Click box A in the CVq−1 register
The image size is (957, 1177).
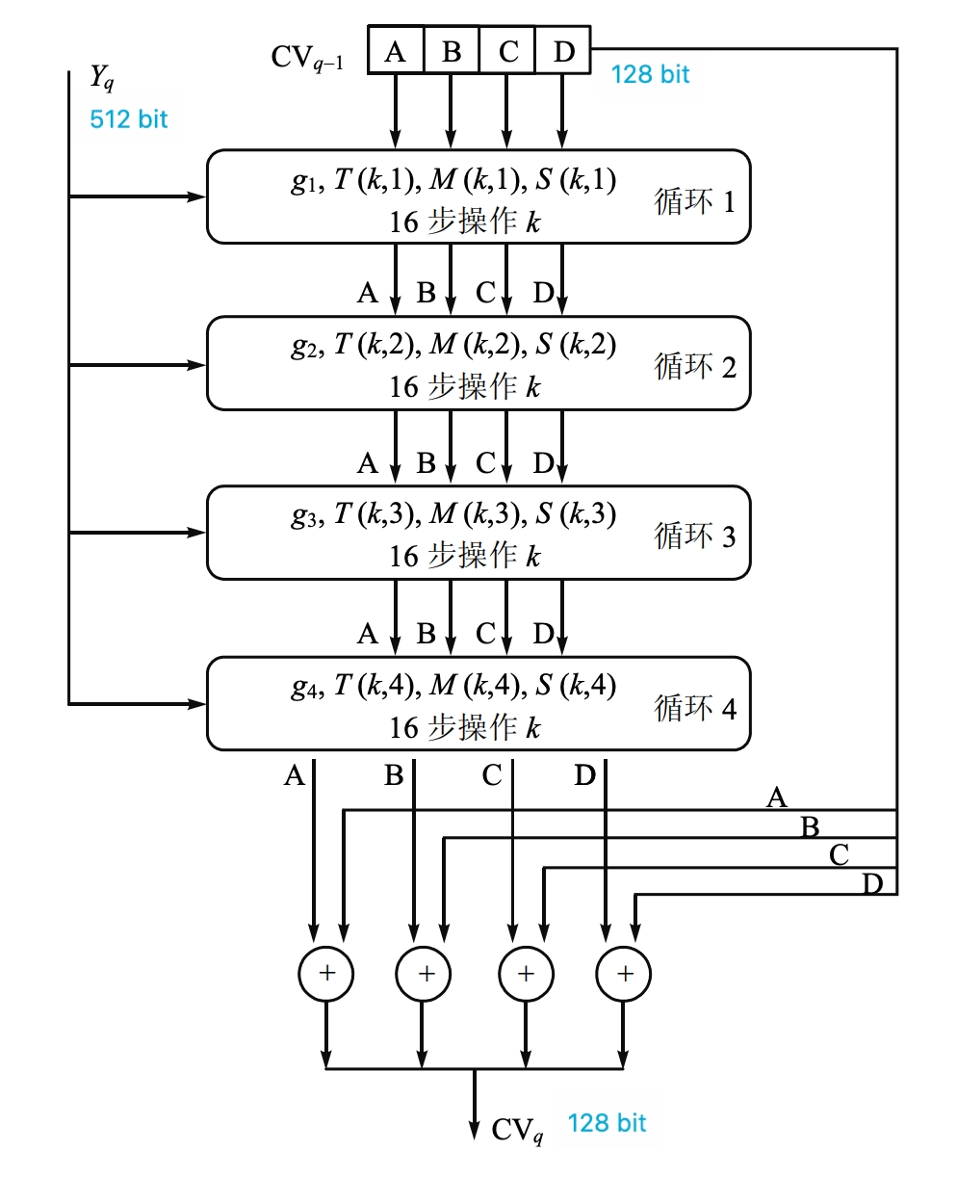tap(396, 52)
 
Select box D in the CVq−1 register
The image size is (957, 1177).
tap(563, 52)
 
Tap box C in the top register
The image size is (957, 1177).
tap(507, 52)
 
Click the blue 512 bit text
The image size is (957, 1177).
tap(128, 119)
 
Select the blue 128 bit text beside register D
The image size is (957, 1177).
tap(650, 74)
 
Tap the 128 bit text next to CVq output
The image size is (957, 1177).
tap(607, 1123)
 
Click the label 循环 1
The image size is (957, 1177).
tap(695, 202)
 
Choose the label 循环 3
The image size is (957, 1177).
tap(695, 536)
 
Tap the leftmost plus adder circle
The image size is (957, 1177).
tap(327, 974)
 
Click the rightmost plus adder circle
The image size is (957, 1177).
tap(625, 974)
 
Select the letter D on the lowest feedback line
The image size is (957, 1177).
tap(872, 883)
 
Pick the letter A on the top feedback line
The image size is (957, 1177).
tap(776, 797)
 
